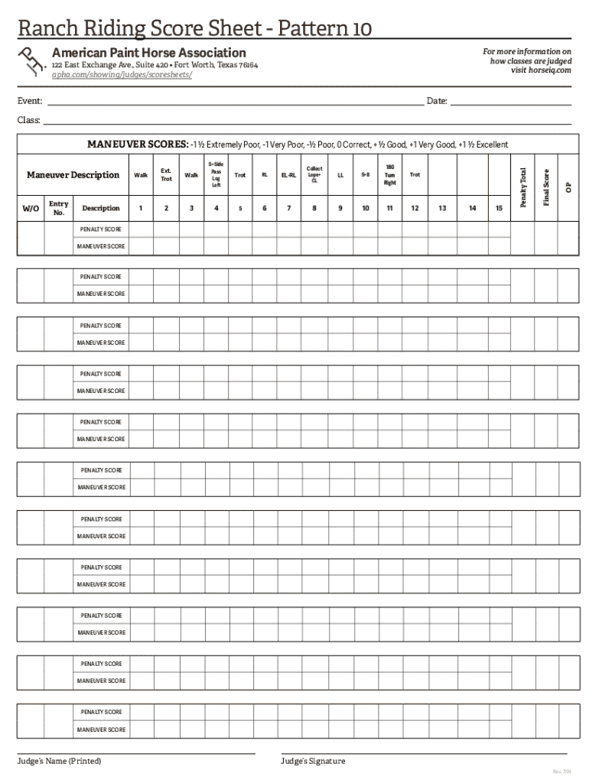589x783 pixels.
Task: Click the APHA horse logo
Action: click(x=31, y=60)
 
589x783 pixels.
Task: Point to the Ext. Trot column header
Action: click(x=166, y=175)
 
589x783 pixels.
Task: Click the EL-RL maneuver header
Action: click(x=288, y=175)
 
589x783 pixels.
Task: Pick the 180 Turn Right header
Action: click(x=390, y=175)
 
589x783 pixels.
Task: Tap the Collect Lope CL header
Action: click(x=314, y=175)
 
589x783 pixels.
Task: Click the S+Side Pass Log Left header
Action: click(x=216, y=175)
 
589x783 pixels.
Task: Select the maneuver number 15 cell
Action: click(x=499, y=208)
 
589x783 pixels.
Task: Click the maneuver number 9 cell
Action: click(x=340, y=208)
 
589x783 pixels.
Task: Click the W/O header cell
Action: click(x=31, y=208)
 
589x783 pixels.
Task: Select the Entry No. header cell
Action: click(x=59, y=208)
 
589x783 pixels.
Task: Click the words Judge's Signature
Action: click(x=313, y=761)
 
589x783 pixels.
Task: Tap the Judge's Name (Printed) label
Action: click(x=60, y=761)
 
